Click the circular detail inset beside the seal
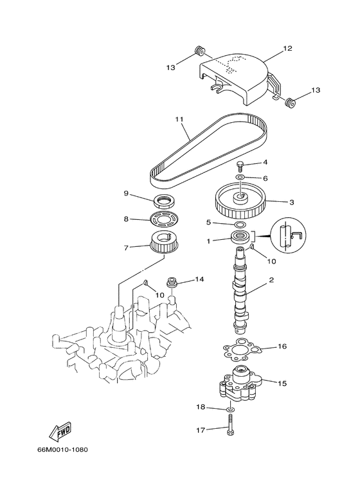pyautogui.click(x=289, y=236)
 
